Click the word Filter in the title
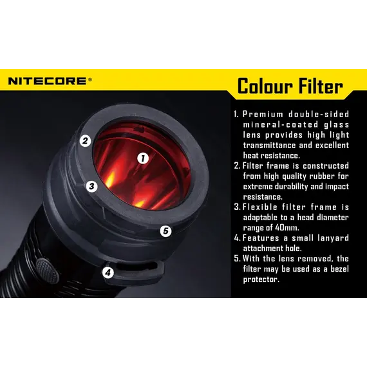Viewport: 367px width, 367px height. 317,86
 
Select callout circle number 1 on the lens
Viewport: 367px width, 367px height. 143,158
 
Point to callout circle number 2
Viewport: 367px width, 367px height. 85,141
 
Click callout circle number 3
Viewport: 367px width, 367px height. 91,186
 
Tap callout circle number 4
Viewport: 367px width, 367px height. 108,273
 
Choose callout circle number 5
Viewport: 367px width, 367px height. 165,231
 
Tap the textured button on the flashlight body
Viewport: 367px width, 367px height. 47,268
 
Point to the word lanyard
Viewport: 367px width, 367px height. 334,238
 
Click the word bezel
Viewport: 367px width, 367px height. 339,269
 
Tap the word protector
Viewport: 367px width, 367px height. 261,279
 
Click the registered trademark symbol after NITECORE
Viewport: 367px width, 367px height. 90,79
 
